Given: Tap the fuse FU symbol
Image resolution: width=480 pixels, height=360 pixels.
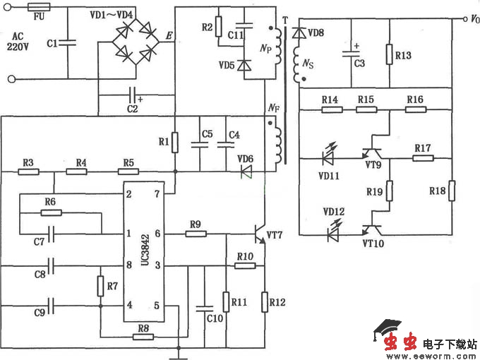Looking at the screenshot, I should pyautogui.click(x=37, y=8).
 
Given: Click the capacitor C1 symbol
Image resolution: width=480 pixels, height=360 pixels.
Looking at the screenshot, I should pyautogui.click(x=68, y=43).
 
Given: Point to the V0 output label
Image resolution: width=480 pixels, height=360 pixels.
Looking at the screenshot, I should pyautogui.click(x=471, y=20).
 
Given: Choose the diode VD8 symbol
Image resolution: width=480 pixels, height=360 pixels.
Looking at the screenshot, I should pyautogui.click(x=299, y=32).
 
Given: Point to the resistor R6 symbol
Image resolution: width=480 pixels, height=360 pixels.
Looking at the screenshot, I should pyautogui.click(x=49, y=211).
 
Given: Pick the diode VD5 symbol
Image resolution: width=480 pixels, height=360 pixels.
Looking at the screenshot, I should pyautogui.click(x=244, y=65).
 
